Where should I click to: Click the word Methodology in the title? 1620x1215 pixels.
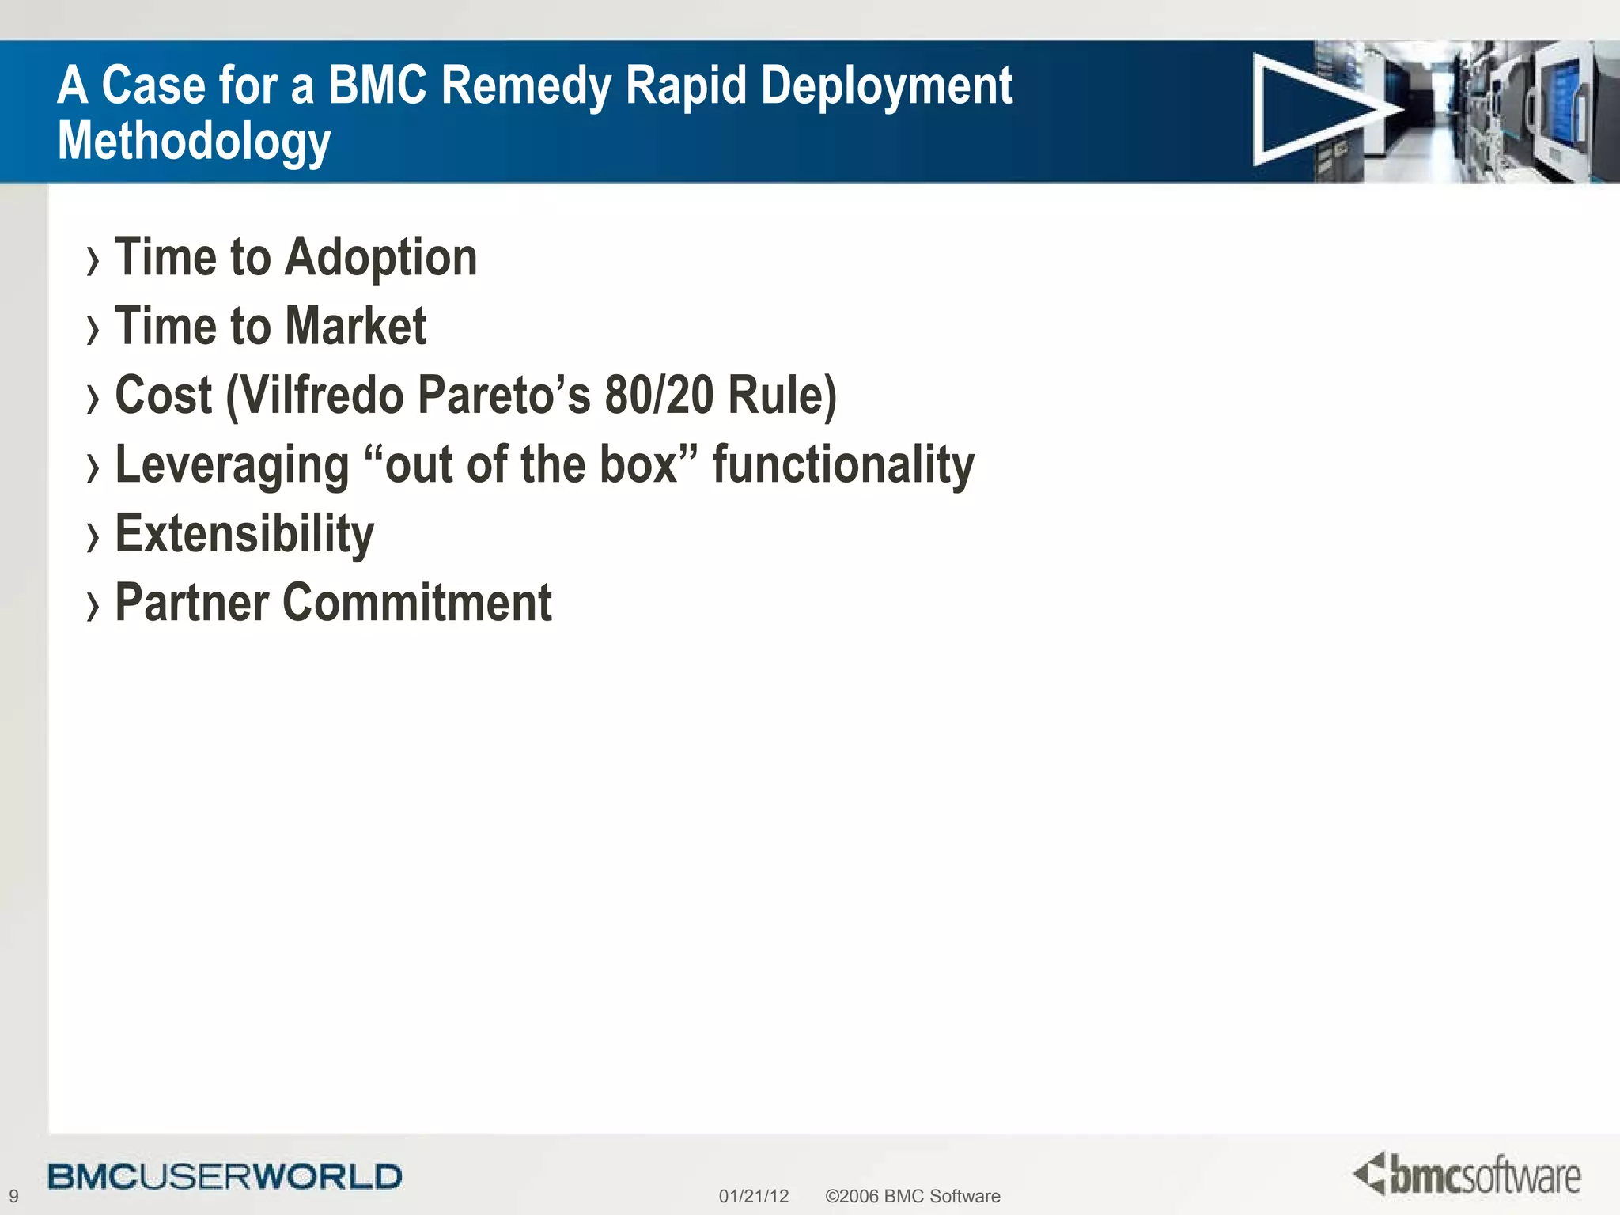point(194,142)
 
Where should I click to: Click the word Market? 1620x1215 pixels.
point(355,327)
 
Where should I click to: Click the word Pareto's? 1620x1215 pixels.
point(504,395)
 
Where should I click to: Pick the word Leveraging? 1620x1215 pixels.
point(232,465)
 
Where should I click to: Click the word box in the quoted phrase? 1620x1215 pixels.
point(638,464)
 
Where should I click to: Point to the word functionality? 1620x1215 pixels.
point(843,465)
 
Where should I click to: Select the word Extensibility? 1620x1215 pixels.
point(244,534)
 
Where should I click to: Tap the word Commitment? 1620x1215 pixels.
point(417,603)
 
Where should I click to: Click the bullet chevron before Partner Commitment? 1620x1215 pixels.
point(93,607)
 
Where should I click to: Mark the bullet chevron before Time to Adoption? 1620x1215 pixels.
point(93,261)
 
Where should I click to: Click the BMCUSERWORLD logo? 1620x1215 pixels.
point(225,1176)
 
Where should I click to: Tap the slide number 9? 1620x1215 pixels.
point(13,1196)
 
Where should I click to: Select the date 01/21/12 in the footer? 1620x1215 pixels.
point(753,1196)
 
